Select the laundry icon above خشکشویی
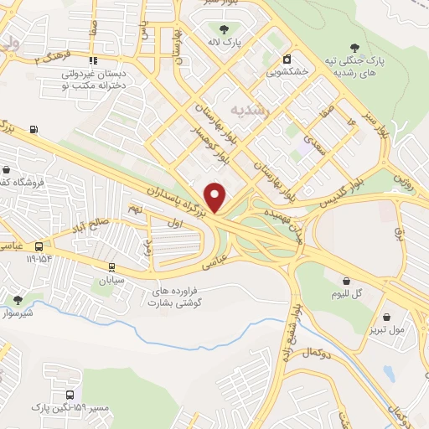(287, 59)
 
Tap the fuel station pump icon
(34, 129)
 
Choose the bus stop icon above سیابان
(111, 267)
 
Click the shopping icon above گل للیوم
(346, 281)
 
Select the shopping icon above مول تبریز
(386, 317)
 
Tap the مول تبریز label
(386, 329)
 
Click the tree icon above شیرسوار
(18, 299)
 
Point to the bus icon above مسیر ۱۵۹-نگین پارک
(70, 394)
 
